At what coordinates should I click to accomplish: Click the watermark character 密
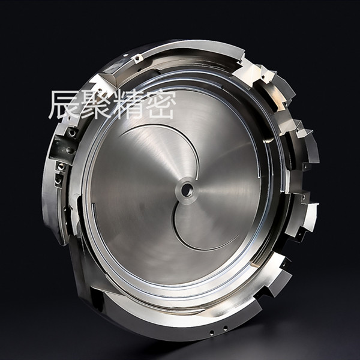pyautogui.click(x=160, y=105)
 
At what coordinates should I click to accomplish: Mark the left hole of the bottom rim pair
pyautogui.click(x=212, y=332)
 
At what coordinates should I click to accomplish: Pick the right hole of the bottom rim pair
pyautogui.click(x=225, y=328)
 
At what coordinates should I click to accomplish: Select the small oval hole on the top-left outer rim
pyautogui.click(x=125, y=55)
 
